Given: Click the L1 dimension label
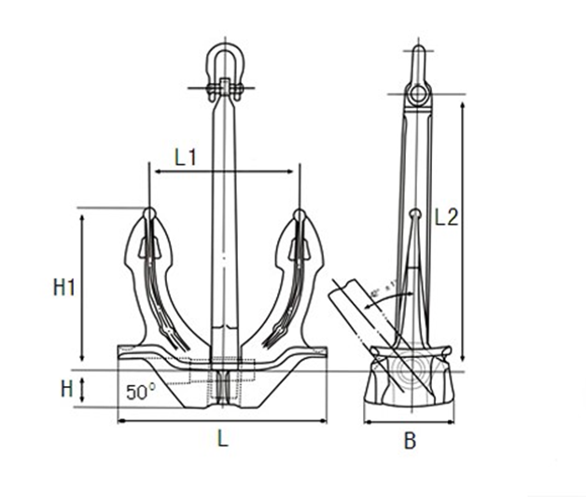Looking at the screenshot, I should tap(185, 158).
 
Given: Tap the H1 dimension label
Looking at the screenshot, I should tap(63, 288).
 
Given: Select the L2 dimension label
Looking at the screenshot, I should tap(446, 217).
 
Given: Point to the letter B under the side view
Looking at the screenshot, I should tap(410, 441).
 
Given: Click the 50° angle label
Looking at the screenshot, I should tap(139, 393).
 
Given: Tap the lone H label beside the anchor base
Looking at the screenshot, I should tap(66, 389).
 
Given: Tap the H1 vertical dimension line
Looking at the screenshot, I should tap(83, 287).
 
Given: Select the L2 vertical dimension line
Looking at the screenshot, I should tap(461, 224).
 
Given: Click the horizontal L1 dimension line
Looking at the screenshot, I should tap(224, 172).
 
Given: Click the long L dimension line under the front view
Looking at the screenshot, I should tap(222, 421).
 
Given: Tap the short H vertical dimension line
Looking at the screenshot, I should tap(83, 389).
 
